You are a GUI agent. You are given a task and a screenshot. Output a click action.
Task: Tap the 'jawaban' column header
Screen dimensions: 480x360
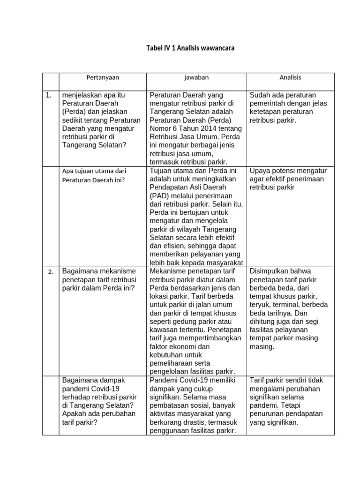click(196, 78)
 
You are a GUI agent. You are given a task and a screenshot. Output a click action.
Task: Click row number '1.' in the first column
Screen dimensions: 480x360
click(48, 95)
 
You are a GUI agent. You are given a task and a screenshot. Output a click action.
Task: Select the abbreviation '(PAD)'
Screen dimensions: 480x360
click(160, 196)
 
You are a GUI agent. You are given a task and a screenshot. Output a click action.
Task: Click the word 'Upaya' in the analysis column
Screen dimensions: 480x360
click(260, 171)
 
